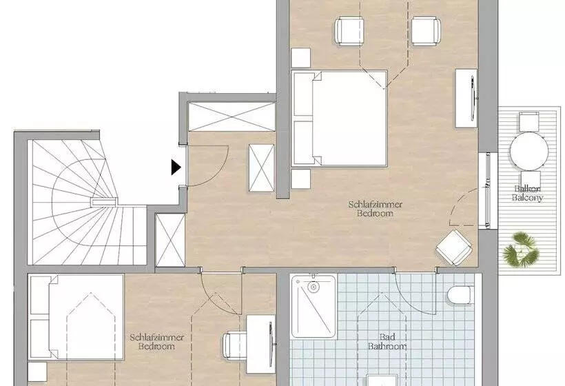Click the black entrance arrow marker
coord(176,167)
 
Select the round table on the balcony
coord(529,151)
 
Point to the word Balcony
coord(528,198)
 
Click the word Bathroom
coord(387,346)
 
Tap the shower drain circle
coord(314,287)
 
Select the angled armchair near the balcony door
coord(454,247)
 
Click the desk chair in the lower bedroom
coord(234,345)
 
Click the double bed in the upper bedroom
coord(339,119)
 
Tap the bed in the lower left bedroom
coord(76,317)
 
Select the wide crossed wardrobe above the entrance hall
coord(232,116)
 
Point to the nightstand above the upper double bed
coord(301,58)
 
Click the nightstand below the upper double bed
coord(301,179)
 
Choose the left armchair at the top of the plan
coord(349,31)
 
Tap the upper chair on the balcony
coord(529,122)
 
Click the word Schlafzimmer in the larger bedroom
coord(375,205)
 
